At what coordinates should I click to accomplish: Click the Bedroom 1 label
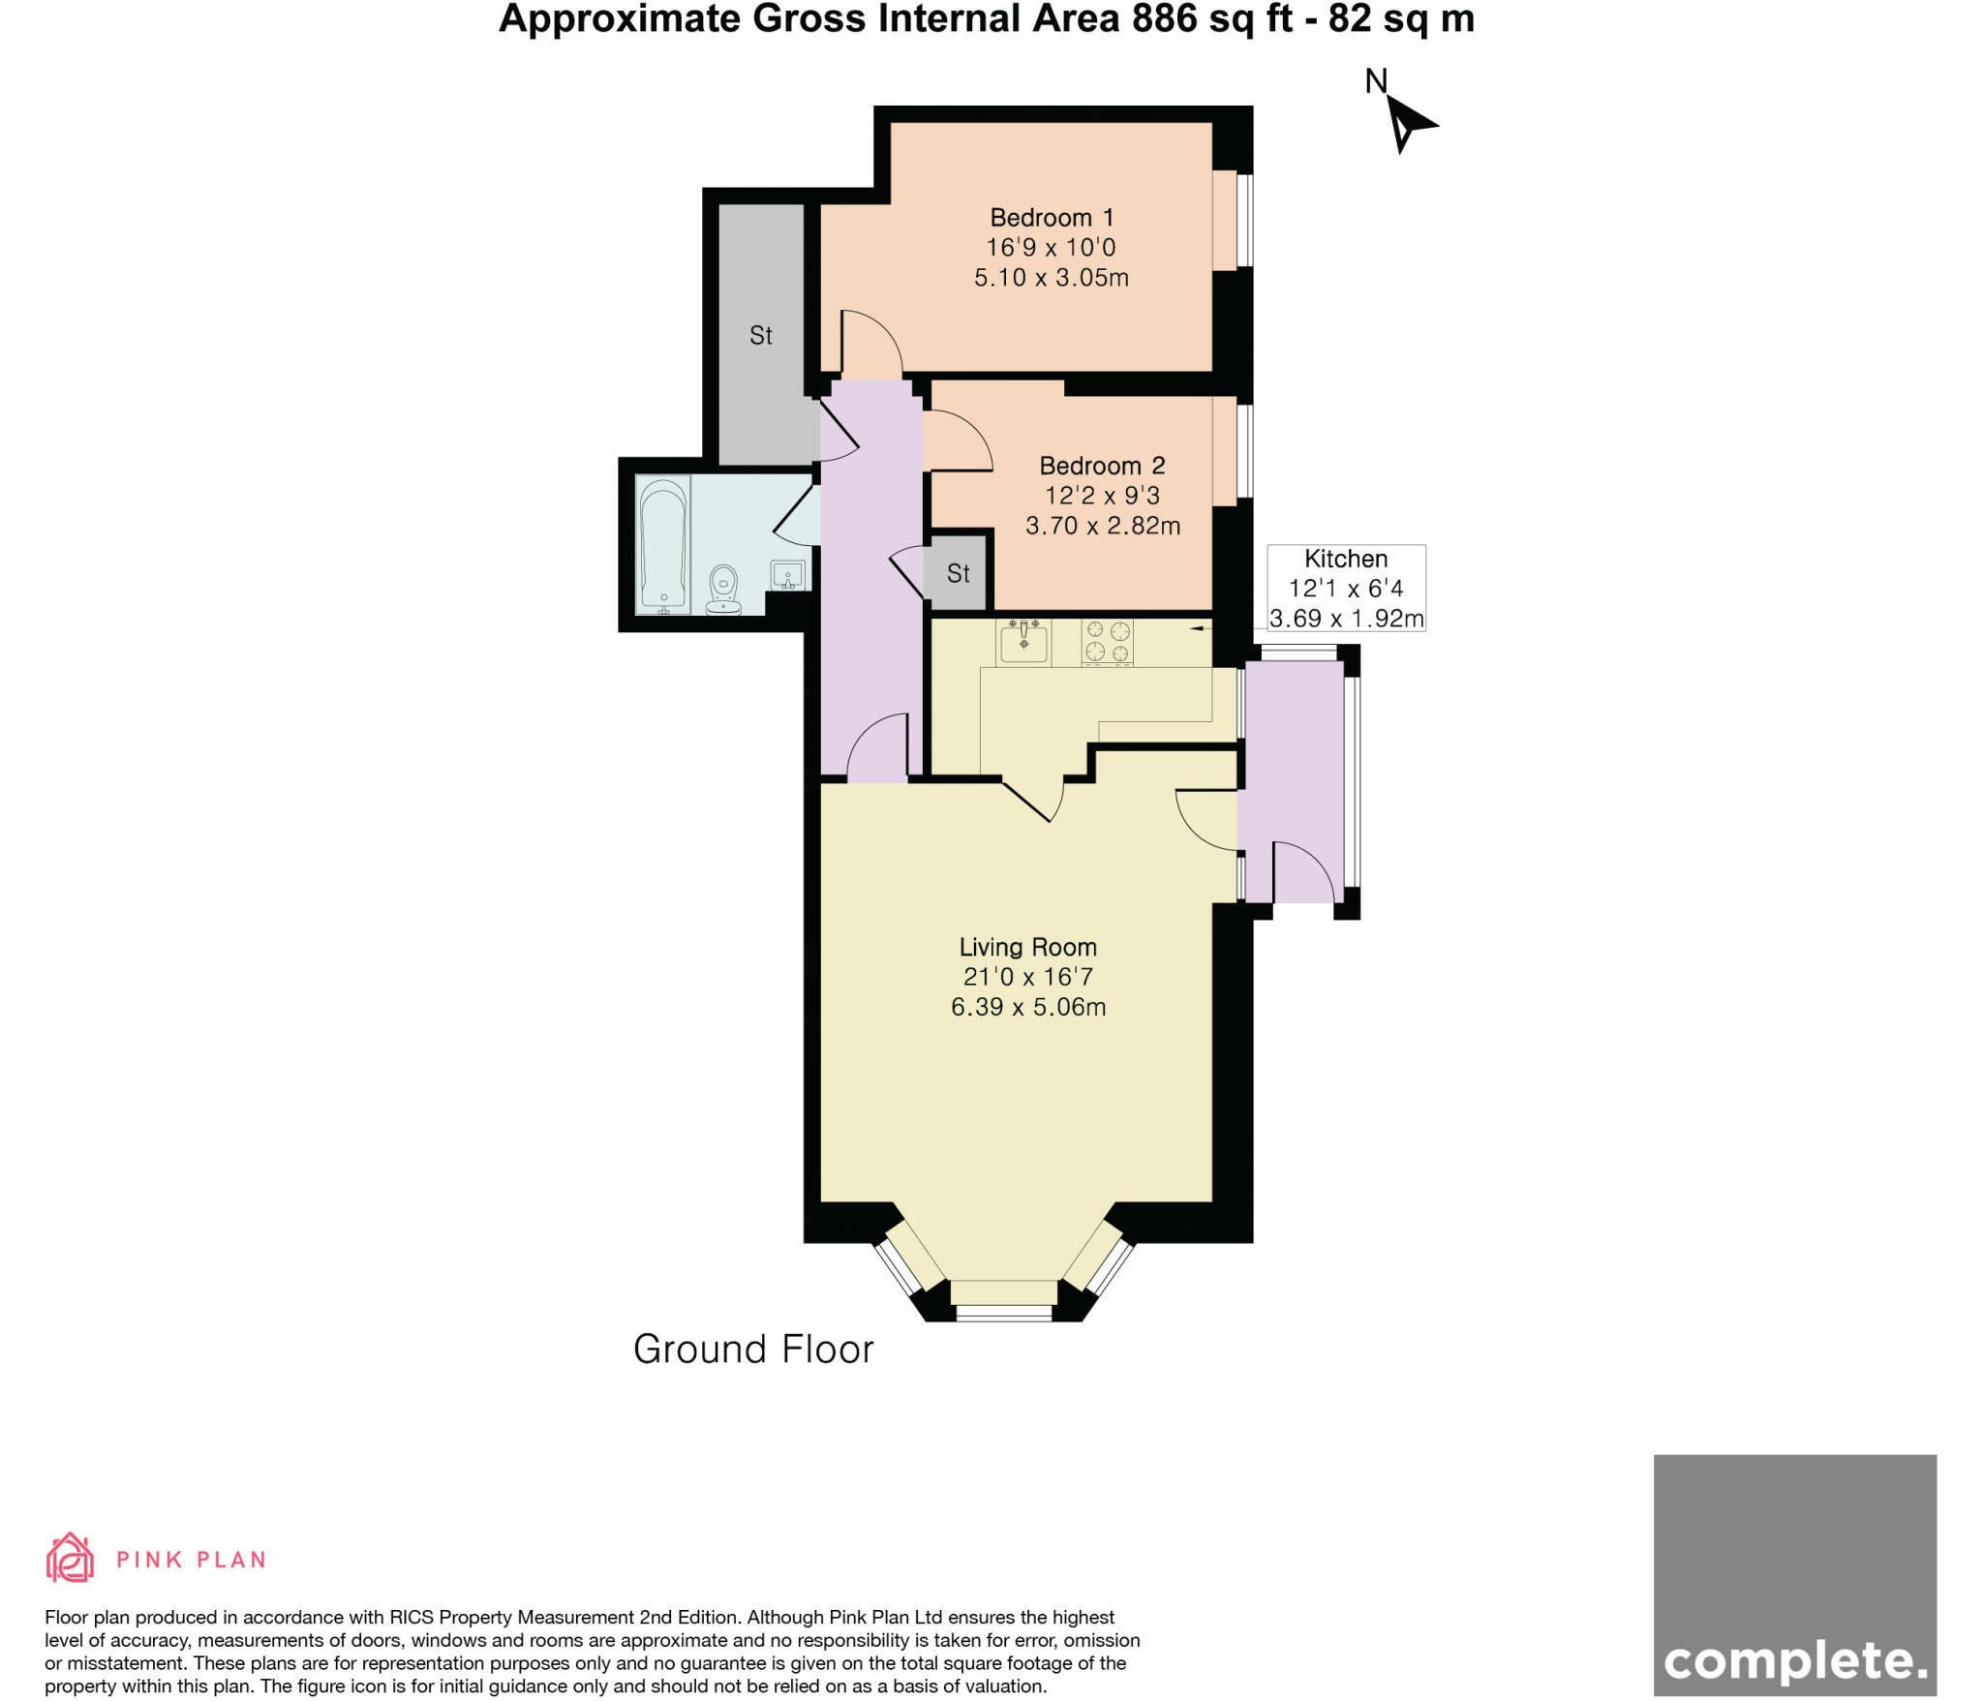(x=1051, y=217)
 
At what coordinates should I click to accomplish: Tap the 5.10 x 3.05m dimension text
(x=1051, y=278)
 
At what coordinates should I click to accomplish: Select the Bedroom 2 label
(x=1102, y=466)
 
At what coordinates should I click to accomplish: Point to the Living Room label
(x=1027, y=947)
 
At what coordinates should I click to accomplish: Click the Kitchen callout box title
(x=1345, y=559)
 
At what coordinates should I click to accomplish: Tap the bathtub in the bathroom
(x=663, y=545)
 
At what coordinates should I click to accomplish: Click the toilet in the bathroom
(x=723, y=590)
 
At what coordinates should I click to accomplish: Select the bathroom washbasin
(x=788, y=575)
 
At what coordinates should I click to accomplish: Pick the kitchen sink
(x=1023, y=642)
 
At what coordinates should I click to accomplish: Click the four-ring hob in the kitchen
(x=1107, y=642)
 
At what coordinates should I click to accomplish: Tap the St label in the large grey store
(x=761, y=336)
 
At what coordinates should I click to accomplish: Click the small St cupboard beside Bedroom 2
(x=958, y=573)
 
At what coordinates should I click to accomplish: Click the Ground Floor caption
(x=753, y=1350)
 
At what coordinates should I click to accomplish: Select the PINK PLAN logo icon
(x=70, y=1558)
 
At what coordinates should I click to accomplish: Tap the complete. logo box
(x=1794, y=1574)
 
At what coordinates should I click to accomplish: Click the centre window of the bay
(x=1003, y=1313)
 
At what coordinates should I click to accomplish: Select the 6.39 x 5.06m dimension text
(x=1027, y=1007)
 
